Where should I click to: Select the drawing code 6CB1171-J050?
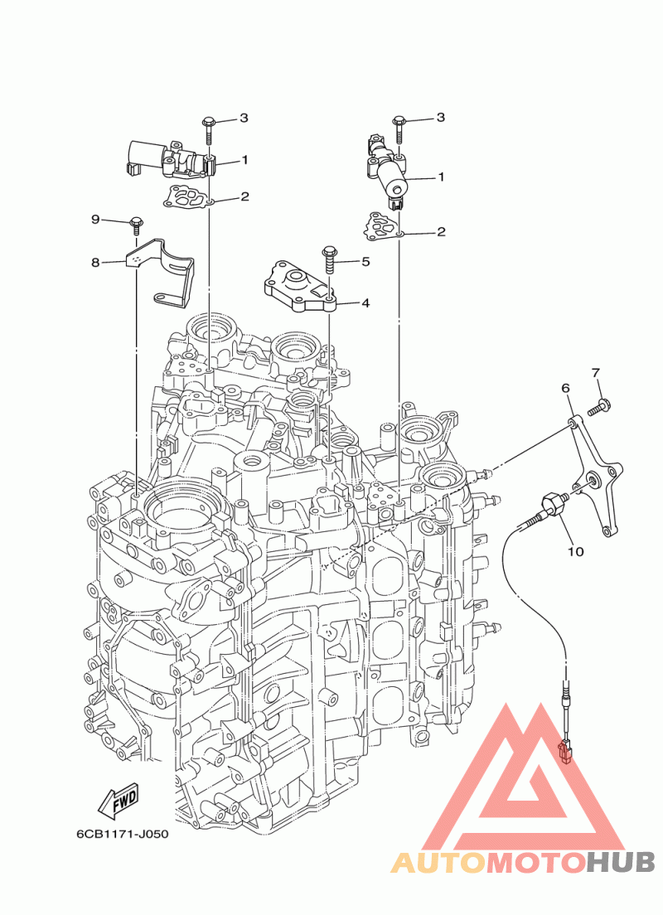pos(123,835)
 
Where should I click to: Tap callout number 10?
pos(575,551)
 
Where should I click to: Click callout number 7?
pos(595,372)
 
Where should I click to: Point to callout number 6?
pos(565,388)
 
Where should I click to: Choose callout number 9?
pos(95,220)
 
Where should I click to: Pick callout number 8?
pos(95,263)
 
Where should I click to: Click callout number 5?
pos(366,261)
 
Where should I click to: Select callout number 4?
pos(365,303)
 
